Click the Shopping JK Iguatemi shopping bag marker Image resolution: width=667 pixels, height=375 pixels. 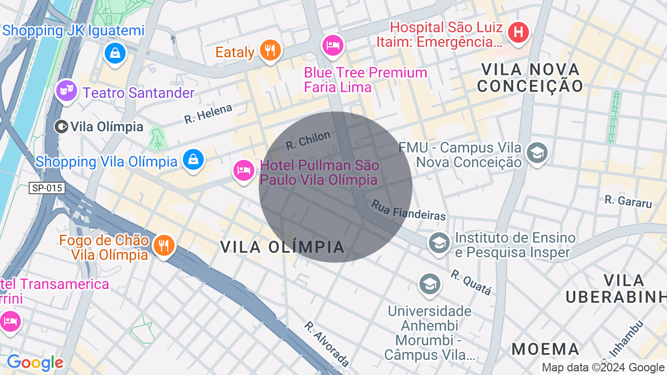pos(115,53)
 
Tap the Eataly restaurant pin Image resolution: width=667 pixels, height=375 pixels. pos(270,50)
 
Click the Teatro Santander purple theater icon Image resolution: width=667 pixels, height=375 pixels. pos(66,91)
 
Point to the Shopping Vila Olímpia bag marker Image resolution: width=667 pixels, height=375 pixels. pos(193,159)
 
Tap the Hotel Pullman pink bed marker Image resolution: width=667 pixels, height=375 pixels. pos(243,170)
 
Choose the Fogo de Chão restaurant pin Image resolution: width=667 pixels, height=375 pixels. pos(164,245)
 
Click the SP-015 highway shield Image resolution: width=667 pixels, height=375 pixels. pos(47,188)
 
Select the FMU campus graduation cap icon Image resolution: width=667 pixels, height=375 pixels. pos(537,153)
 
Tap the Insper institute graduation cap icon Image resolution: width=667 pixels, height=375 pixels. pos(439,242)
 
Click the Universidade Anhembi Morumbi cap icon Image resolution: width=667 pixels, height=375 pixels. pos(429,284)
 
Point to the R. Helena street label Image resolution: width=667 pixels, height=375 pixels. pos(208,114)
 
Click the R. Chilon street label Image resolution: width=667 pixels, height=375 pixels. pos(308,140)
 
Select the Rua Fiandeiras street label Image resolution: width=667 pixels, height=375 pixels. pos(409,210)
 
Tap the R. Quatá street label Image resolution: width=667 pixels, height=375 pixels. pos(471,282)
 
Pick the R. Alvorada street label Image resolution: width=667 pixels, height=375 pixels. pos(327,343)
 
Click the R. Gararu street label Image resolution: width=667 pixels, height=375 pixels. pos(628,201)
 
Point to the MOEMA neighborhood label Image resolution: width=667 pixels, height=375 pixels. pos(546,349)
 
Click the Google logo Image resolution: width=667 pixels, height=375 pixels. pos(35,362)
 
